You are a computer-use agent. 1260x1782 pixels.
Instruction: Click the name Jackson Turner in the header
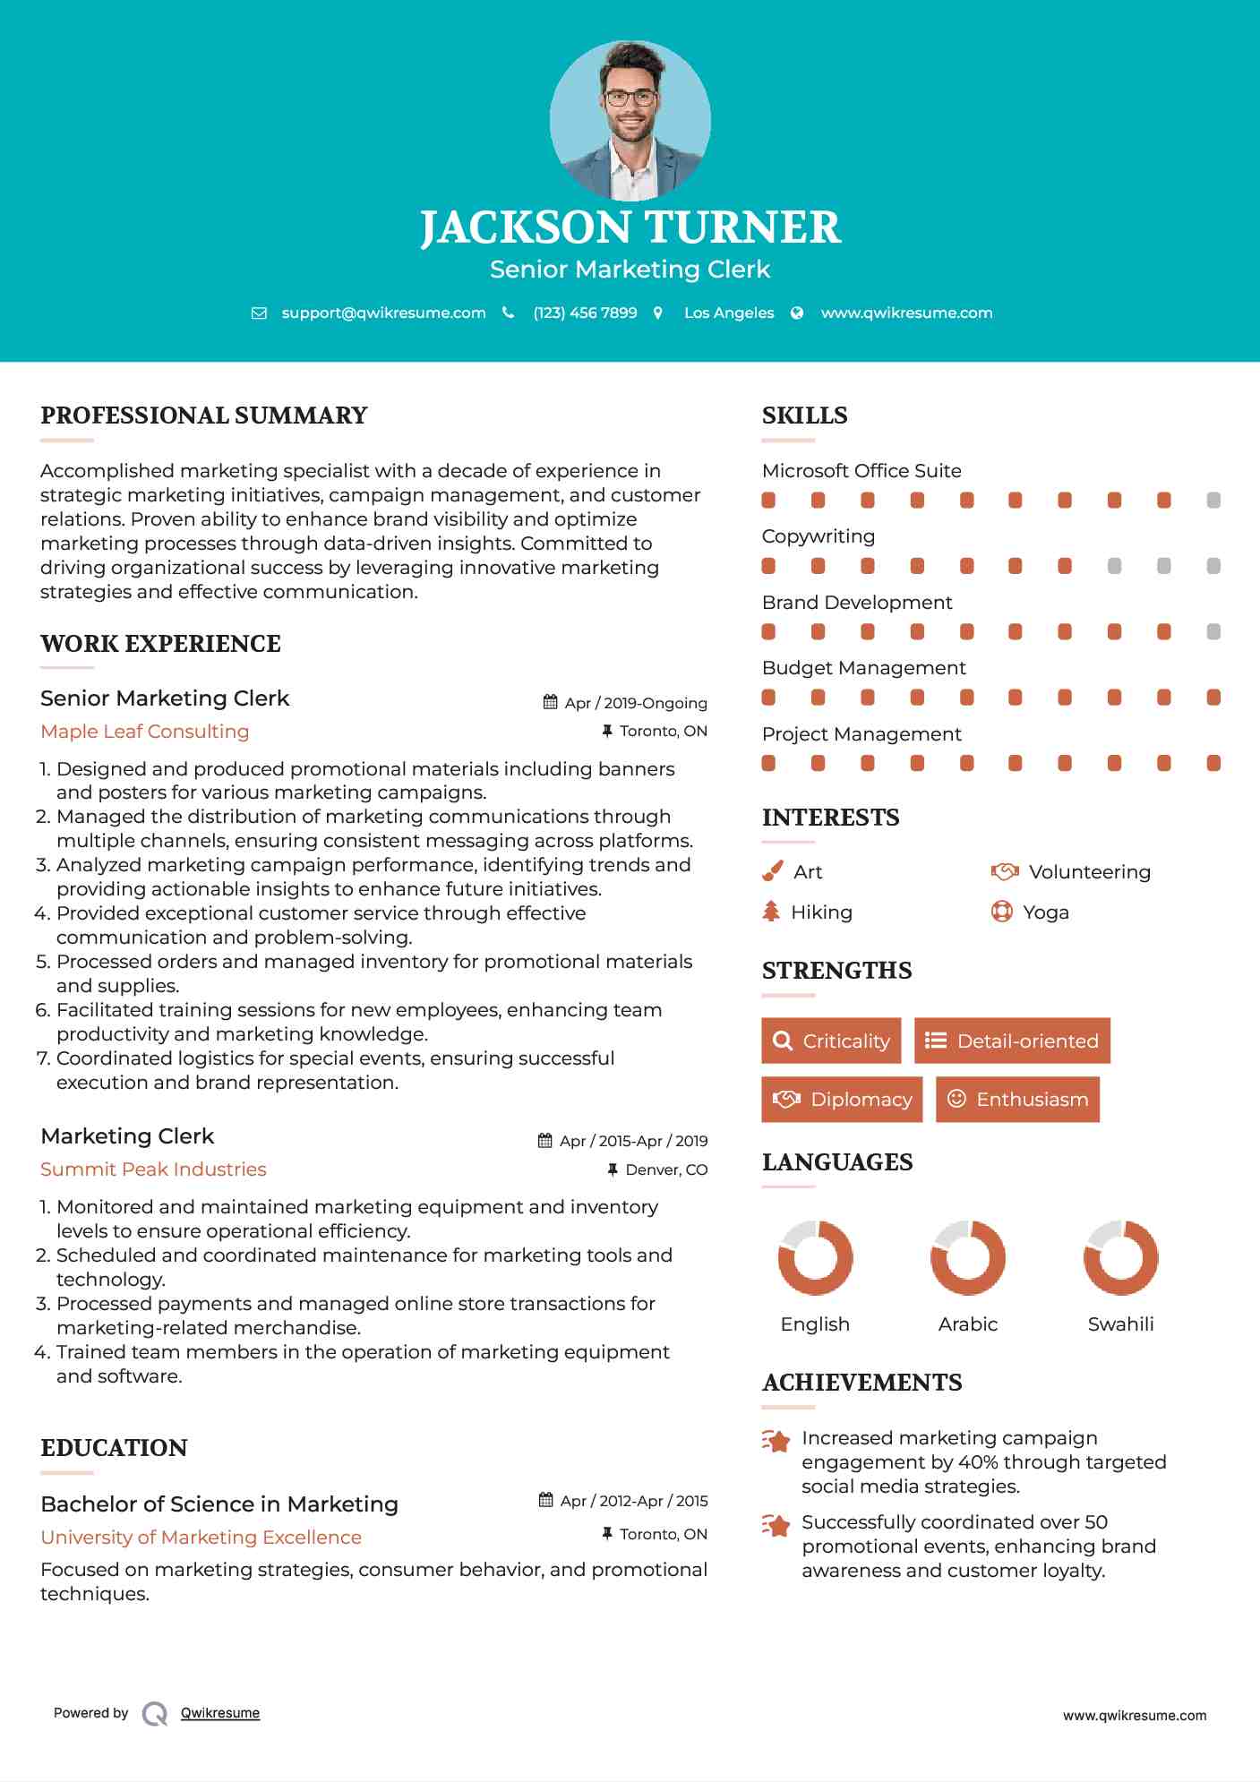click(x=630, y=227)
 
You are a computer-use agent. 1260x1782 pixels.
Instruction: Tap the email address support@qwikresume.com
click(x=383, y=313)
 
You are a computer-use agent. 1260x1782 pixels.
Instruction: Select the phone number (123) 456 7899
click(x=585, y=313)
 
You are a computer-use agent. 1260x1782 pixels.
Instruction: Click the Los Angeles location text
click(x=729, y=313)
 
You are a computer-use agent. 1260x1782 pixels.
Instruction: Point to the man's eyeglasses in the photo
click(x=630, y=98)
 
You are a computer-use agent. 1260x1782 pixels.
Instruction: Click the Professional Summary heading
click(x=204, y=416)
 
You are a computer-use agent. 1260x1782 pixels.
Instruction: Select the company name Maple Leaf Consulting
click(x=145, y=732)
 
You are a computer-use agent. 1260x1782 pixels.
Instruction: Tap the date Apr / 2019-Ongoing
click(x=635, y=704)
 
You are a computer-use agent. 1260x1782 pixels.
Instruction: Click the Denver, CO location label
click(x=666, y=1170)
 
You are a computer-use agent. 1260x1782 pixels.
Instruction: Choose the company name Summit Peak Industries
click(x=153, y=1169)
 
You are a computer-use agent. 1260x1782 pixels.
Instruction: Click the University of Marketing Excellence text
click(x=201, y=1538)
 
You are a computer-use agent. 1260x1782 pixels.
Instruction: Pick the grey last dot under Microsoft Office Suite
click(x=1213, y=501)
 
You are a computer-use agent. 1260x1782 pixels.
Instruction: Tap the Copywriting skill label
click(x=819, y=536)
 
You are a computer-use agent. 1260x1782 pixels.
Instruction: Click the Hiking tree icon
click(x=771, y=912)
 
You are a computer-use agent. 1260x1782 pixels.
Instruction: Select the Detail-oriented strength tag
click(x=1012, y=1041)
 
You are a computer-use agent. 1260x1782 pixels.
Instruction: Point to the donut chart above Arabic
click(x=968, y=1257)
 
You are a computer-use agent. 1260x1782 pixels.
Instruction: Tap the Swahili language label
click(x=1120, y=1324)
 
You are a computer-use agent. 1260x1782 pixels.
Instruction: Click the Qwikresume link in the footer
click(x=220, y=1713)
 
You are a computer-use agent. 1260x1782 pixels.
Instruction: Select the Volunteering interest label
click(x=1089, y=872)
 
